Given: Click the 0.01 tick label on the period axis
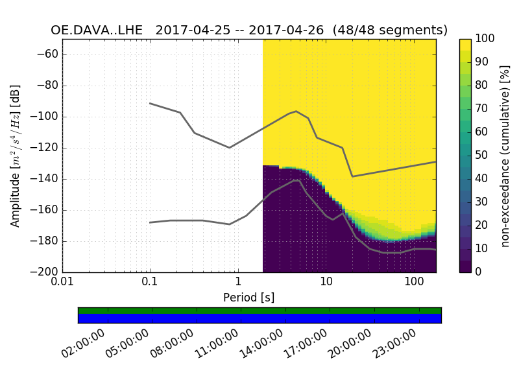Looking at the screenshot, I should click(62, 284).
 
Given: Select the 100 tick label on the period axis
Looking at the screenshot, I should click(413, 284).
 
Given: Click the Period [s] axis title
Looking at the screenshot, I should click(249, 298).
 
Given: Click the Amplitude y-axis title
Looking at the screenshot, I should click(16, 156).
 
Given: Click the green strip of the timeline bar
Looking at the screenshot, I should click(259, 311).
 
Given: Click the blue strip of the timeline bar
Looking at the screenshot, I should click(259, 318).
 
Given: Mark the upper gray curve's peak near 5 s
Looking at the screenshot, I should click(296, 111).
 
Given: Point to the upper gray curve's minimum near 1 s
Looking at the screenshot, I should click(229, 148).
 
